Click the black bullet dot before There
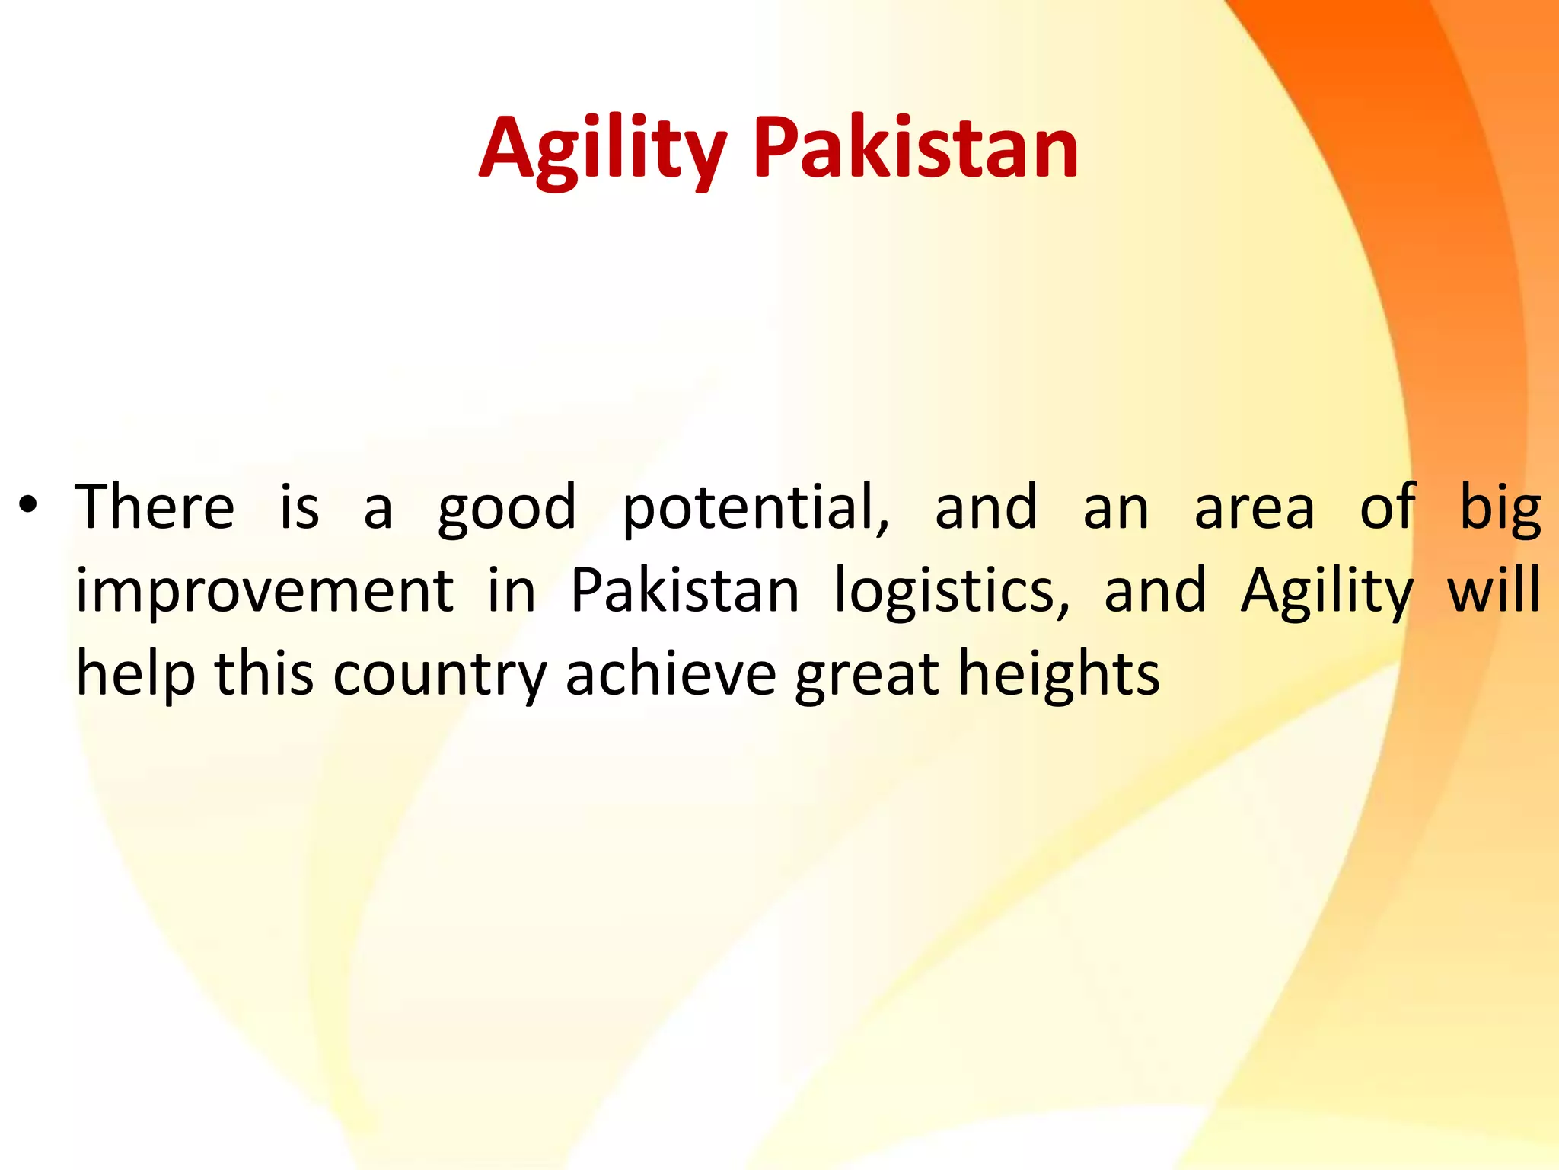click(28, 505)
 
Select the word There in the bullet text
click(155, 507)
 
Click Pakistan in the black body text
click(685, 590)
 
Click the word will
click(1494, 590)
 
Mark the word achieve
click(671, 673)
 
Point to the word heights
click(1059, 675)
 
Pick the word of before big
click(1387, 507)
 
